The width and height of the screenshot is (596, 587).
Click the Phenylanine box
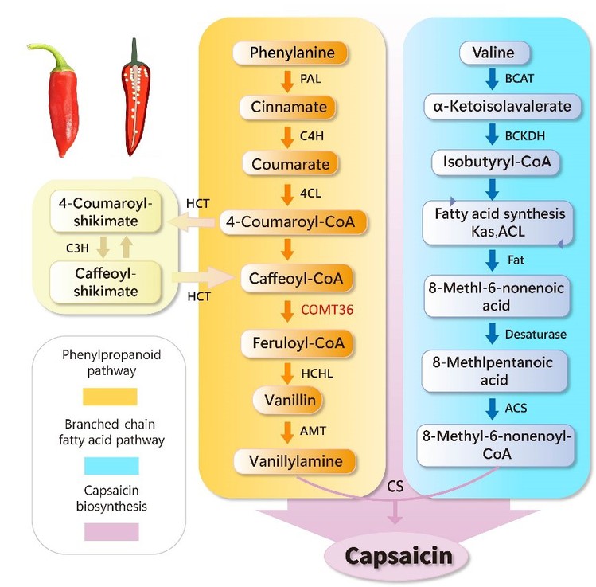click(x=291, y=54)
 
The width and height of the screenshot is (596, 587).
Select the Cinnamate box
click(x=291, y=108)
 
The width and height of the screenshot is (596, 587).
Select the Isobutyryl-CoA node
click(x=493, y=162)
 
